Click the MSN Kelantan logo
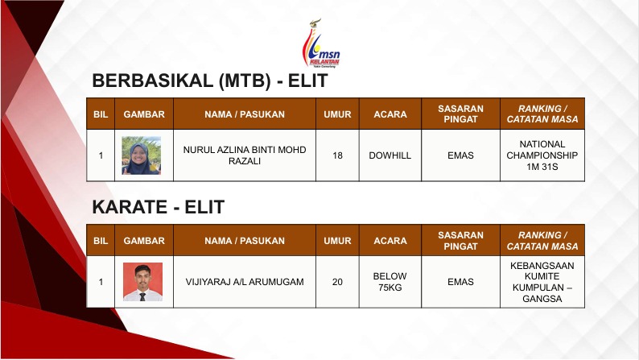pyautogui.click(x=321, y=43)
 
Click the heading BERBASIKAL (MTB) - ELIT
pyautogui.click(x=210, y=81)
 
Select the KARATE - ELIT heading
pyautogui.click(x=158, y=207)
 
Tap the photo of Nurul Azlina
pyautogui.click(x=142, y=155)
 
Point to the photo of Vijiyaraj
pyautogui.click(x=142, y=282)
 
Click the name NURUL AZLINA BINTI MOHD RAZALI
pyautogui.click(x=245, y=155)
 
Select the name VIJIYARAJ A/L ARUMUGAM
pyautogui.click(x=245, y=282)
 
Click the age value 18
pyautogui.click(x=337, y=155)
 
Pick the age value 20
pyautogui.click(x=337, y=282)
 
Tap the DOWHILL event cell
pyautogui.click(x=390, y=155)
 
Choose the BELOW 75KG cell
pyautogui.click(x=390, y=282)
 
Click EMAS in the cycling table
pyautogui.click(x=460, y=155)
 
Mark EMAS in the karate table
pyautogui.click(x=460, y=282)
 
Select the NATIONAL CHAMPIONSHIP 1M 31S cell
pyautogui.click(x=542, y=155)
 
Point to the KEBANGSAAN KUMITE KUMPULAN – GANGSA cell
pyautogui.click(x=542, y=282)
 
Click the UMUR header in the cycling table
pyautogui.click(x=337, y=114)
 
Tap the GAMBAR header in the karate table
pyautogui.click(x=144, y=241)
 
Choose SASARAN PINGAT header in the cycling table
pyautogui.click(x=460, y=114)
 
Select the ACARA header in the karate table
pyautogui.click(x=390, y=241)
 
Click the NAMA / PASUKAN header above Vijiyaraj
pyautogui.click(x=245, y=241)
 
